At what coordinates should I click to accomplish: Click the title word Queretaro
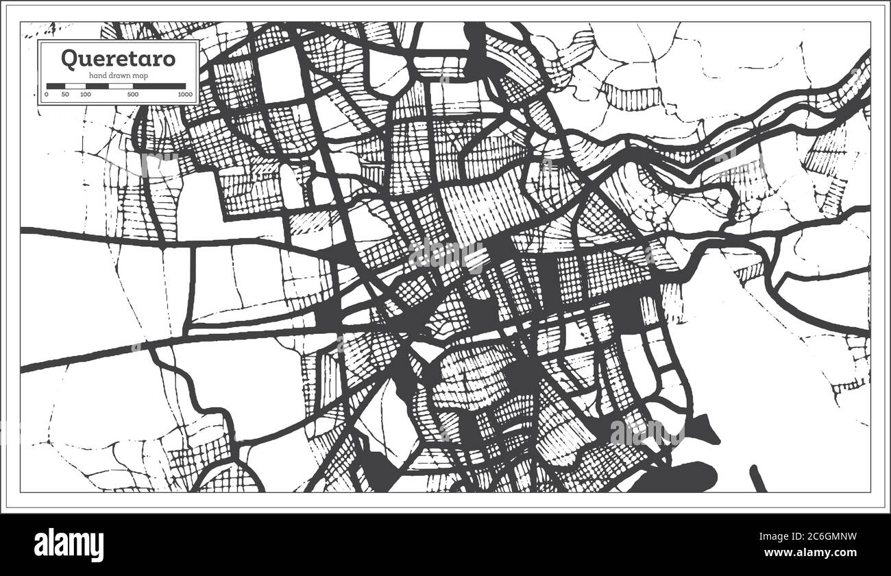pos(118,58)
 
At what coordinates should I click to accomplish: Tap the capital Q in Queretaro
pos(69,58)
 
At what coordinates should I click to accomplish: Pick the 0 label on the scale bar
pos(47,94)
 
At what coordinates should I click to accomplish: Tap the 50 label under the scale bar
pos(64,94)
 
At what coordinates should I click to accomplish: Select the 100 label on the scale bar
pos(85,94)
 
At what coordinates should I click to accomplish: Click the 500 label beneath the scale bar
pos(133,94)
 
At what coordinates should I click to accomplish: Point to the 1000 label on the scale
pos(184,94)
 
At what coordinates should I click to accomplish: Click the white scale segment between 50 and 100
pos(75,86)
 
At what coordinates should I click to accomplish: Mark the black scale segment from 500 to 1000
pos(159,86)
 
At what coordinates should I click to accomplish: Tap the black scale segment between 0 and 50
pos(56,86)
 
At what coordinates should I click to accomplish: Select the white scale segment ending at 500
pos(108,86)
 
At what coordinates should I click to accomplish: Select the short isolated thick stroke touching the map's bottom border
pos(758,479)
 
